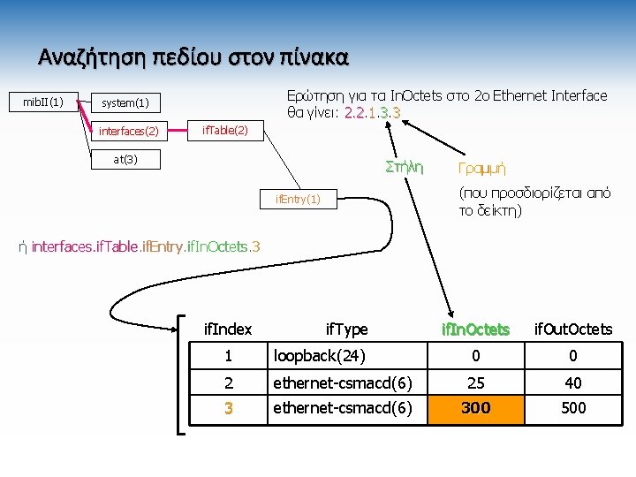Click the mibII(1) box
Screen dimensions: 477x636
pyautogui.click(x=42, y=102)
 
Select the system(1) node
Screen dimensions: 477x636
pyautogui.click(x=125, y=104)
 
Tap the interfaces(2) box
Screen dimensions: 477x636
pyautogui.click(x=128, y=132)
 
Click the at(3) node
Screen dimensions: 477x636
pyautogui.click(x=125, y=160)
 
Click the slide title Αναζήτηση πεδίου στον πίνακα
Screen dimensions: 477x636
pyautogui.click(x=193, y=57)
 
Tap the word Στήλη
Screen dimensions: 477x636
pyautogui.click(x=405, y=167)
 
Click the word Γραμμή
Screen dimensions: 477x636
pyautogui.click(x=482, y=168)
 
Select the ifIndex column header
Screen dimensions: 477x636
pyautogui.click(x=228, y=329)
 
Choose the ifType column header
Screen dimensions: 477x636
pyautogui.click(x=346, y=329)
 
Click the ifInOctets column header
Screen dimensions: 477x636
pyautogui.click(x=477, y=329)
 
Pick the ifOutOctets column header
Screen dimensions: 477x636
pyautogui.click(x=572, y=329)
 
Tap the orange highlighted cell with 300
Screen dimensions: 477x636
pyautogui.click(x=477, y=407)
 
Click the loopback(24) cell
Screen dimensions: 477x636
pyautogui.click(x=319, y=357)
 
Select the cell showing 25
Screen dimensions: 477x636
pyautogui.click(x=477, y=382)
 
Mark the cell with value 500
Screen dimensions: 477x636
pyautogui.click(x=572, y=407)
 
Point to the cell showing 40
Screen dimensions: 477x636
pyautogui.click(x=572, y=382)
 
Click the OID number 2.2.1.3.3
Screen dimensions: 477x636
pyautogui.click(x=373, y=113)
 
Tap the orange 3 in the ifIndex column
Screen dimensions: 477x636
pyautogui.click(x=228, y=408)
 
